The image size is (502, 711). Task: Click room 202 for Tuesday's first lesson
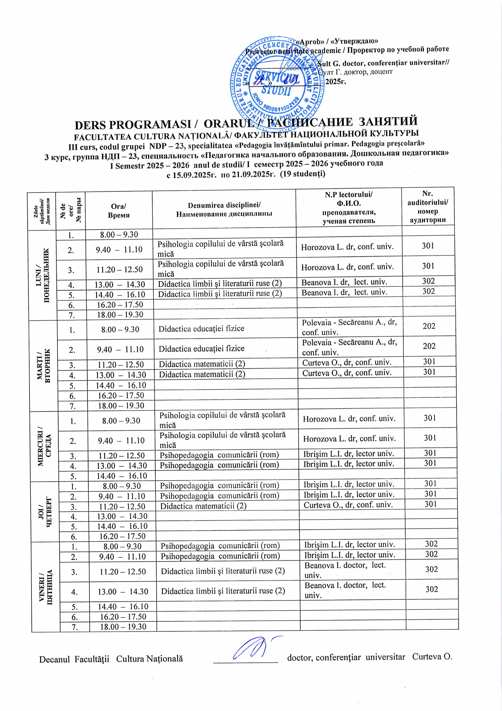tap(429, 326)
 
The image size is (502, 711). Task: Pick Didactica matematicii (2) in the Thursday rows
tap(203, 506)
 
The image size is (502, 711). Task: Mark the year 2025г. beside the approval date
tap(336, 82)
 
